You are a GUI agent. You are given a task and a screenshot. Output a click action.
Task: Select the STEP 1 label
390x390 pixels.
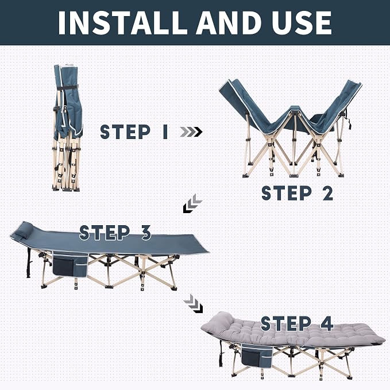coord(134,132)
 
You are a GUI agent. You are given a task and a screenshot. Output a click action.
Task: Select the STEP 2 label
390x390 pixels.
coord(297,193)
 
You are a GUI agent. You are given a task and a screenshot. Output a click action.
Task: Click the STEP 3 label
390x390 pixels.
coord(115,233)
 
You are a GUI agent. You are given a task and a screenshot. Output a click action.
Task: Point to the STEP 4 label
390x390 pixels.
coord(297,323)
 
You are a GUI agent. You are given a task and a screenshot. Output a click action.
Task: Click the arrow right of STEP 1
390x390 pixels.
coord(191,132)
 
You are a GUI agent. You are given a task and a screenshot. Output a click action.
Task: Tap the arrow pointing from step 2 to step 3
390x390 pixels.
coord(192,203)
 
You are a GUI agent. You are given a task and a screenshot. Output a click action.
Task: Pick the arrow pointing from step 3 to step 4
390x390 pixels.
coord(193,303)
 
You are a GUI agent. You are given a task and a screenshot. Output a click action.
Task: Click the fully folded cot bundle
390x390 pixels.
coord(67,128)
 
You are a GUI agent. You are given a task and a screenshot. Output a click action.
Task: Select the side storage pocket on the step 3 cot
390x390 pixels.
coord(69,264)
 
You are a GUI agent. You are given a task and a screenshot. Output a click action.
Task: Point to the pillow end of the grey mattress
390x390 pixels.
coord(222,321)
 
